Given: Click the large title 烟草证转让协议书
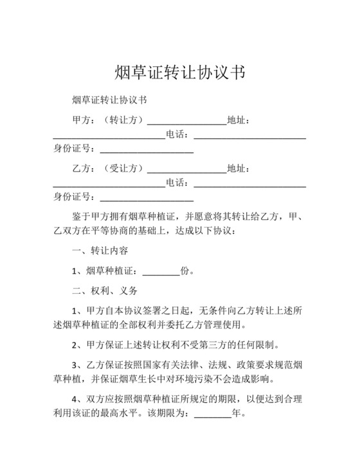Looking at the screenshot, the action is coord(179,71).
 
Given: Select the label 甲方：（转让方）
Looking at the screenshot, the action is coord(107,120).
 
